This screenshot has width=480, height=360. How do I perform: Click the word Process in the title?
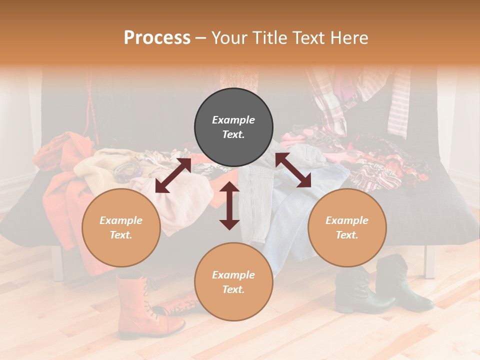pos(157,38)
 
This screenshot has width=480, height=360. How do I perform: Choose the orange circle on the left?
pos(121,227)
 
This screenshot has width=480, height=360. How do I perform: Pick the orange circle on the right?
pos(347,227)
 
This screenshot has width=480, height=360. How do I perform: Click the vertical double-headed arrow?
pos(229,205)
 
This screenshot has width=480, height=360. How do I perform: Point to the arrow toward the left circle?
pos(173,175)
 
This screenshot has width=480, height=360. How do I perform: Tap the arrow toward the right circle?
pos(293,170)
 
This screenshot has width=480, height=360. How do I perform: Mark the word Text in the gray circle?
pos(233,135)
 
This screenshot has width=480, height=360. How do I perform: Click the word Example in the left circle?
pos(121,220)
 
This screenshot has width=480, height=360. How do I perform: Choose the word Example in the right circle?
pos(347,220)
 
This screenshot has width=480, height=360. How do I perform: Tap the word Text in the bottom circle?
pos(233,289)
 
